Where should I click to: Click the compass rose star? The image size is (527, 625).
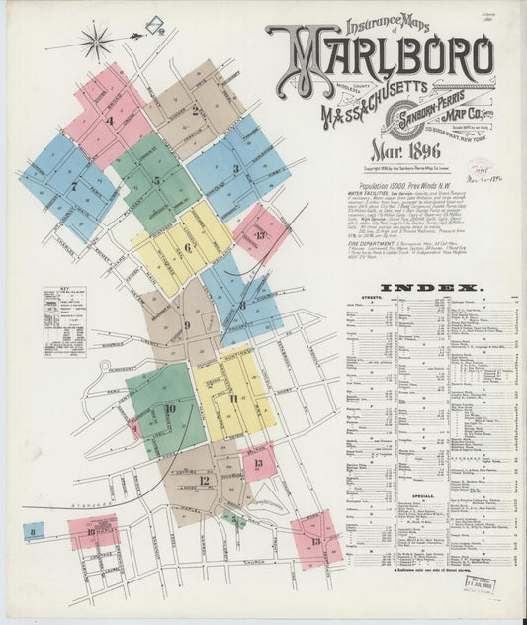pos(96,41)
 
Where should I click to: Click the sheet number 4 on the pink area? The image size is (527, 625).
pos(111,121)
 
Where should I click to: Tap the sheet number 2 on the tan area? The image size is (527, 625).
pos(195,110)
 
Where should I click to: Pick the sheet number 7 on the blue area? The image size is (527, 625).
pos(72,185)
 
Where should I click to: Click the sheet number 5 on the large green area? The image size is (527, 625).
pos(156,181)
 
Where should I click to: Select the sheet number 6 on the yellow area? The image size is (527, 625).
pos(186,247)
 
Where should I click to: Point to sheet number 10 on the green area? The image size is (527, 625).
pos(170,407)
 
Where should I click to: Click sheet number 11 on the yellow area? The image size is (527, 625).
pos(233,398)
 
